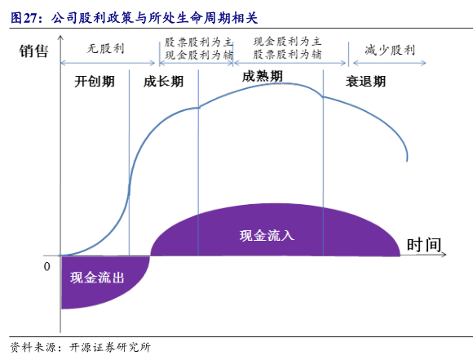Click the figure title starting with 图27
click(x=135, y=18)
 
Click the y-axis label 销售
click(x=33, y=51)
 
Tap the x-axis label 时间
click(x=424, y=245)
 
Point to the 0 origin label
click(x=46, y=266)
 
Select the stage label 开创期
click(x=95, y=82)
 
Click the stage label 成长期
click(x=163, y=82)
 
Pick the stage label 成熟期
click(x=263, y=77)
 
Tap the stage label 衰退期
click(x=365, y=82)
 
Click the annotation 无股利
click(x=105, y=48)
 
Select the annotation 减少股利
click(x=390, y=50)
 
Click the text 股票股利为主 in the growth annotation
click(x=198, y=42)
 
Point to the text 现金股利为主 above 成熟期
click(x=287, y=41)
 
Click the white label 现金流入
click(x=267, y=236)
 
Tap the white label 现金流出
click(x=97, y=278)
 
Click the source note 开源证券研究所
click(x=110, y=347)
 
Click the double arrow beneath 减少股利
click(x=390, y=63)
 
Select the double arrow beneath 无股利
click(x=108, y=63)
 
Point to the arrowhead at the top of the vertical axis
click(x=60, y=37)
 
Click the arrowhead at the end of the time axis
click(x=444, y=255)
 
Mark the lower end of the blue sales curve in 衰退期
click(x=407, y=161)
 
